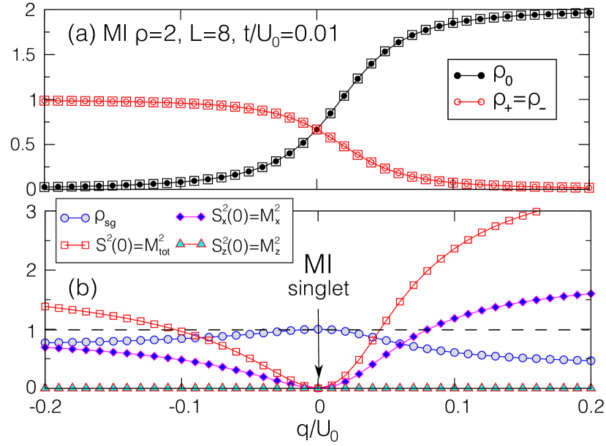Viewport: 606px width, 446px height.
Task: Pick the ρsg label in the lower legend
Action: click(x=110, y=218)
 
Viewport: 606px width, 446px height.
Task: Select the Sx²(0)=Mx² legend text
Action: click(x=250, y=217)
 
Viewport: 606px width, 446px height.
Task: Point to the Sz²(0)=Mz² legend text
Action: click(x=250, y=247)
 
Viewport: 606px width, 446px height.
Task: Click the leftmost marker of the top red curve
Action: click(x=45, y=101)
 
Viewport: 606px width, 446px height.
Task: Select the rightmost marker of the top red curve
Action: click(x=591, y=188)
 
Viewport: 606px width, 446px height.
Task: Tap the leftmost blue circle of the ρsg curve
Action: click(x=45, y=342)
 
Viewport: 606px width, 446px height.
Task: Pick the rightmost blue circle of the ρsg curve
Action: click(x=591, y=361)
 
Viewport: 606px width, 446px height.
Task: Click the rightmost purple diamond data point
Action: click(x=591, y=293)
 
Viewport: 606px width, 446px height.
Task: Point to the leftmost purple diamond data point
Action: click(x=45, y=347)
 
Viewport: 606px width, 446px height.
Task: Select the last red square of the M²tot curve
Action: click(x=536, y=212)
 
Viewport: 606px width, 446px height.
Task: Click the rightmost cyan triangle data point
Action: click(x=591, y=386)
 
